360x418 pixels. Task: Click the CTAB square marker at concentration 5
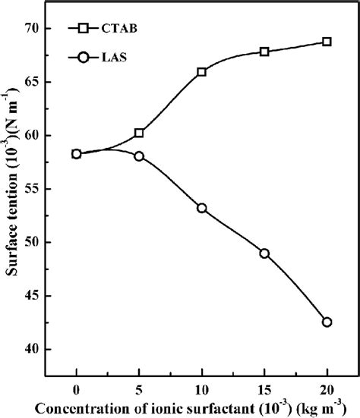pyautogui.click(x=139, y=133)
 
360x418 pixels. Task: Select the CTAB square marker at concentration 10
pyautogui.click(x=201, y=71)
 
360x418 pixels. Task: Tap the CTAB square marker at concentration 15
pyautogui.click(x=264, y=52)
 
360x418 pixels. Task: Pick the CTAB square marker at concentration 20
pyautogui.click(x=327, y=42)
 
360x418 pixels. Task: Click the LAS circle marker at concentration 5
pyautogui.click(x=139, y=156)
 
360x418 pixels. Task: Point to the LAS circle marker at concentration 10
pyautogui.click(x=201, y=208)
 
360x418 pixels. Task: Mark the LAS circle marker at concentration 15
pyautogui.click(x=264, y=253)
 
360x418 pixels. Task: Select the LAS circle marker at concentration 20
pyautogui.click(x=327, y=322)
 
